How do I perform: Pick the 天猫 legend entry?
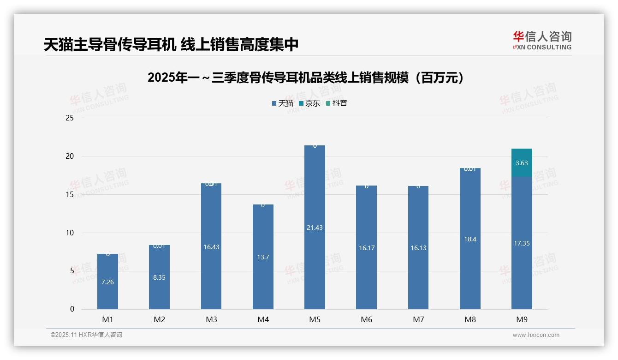(283, 103)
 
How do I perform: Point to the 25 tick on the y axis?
(70, 118)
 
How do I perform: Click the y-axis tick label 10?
(70, 233)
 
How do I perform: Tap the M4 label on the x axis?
(263, 319)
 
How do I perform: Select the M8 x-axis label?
(470, 319)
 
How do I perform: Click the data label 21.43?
(315, 228)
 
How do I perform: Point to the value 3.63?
(522, 163)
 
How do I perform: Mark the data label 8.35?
(159, 277)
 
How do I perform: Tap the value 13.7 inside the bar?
(263, 257)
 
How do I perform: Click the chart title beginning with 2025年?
(305, 78)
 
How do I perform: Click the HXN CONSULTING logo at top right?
(542, 41)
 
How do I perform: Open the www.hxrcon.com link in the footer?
(536, 335)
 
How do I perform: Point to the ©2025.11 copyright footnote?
(86, 335)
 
